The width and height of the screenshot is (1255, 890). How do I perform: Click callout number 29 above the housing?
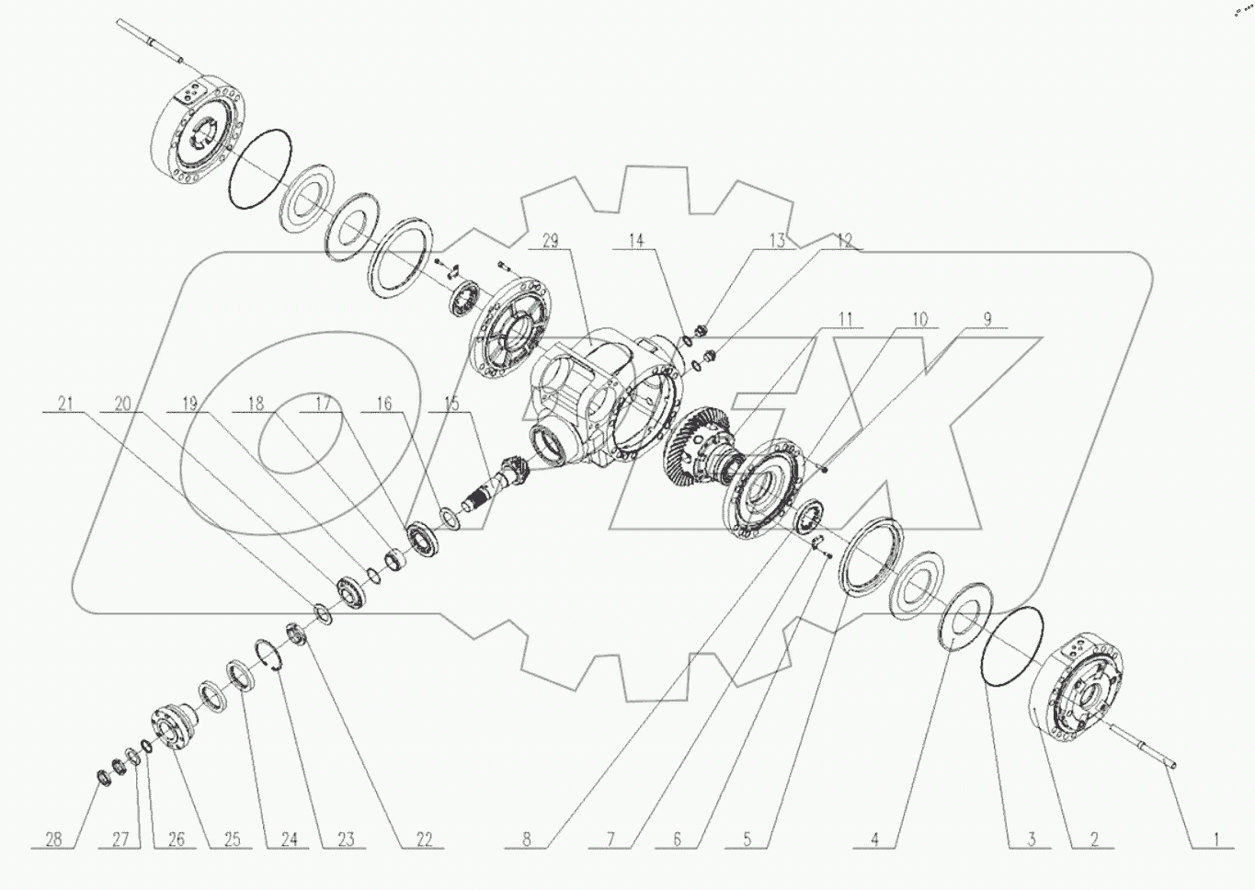point(551,241)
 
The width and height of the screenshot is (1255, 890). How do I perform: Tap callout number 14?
point(636,241)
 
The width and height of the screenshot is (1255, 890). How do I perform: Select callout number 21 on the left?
point(65,404)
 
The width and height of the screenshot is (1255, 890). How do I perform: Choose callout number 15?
point(451,404)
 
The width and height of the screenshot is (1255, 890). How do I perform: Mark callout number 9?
point(987,318)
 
